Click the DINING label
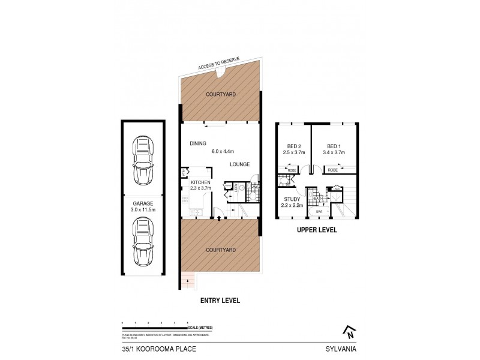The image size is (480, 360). point(198,143)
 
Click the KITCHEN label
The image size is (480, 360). point(200,182)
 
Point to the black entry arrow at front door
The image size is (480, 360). point(220,220)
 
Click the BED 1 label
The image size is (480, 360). point(334,146)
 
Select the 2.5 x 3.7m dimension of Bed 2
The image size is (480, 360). point(294,152)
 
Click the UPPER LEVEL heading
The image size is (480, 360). point(317,230)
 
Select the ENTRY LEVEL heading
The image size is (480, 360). point(220,300)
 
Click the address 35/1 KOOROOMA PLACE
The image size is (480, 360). point(150,347)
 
